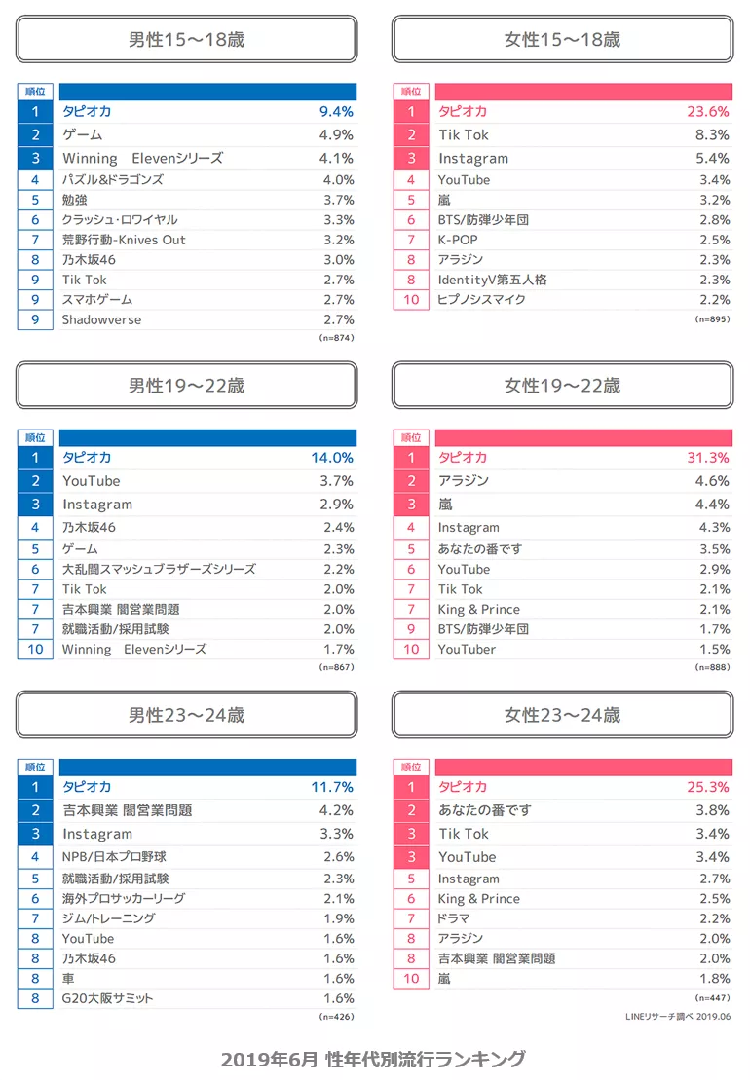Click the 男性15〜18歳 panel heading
[186, 40]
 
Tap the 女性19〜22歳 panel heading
[562, 386]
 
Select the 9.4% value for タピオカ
[336, 111]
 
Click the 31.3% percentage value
[707, 458]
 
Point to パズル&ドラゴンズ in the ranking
[113, 179]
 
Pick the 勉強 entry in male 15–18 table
[76, 200]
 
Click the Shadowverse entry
[101, 319]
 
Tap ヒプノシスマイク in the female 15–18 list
[481, 299]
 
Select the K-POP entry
[458, 240]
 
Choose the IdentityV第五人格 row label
[492, 280]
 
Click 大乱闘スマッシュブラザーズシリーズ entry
[159, 569]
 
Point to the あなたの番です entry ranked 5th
[480, 548]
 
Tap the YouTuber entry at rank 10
[467, 649]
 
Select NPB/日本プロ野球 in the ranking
[114, 857]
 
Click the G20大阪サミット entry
[107, 997]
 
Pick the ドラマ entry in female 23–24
[454, 918]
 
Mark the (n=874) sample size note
[336, 338]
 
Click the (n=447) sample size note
[712, 998]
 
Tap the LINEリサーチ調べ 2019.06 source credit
[678, 1017]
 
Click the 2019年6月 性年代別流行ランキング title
[373, 1059]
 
